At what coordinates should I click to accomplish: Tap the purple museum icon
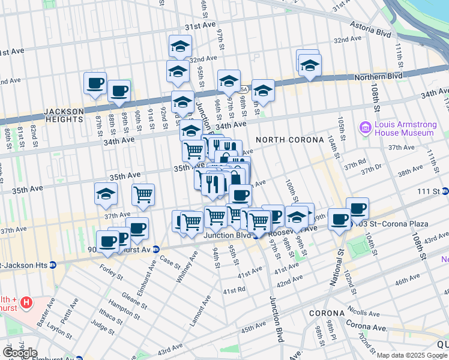click(x=364, y=128)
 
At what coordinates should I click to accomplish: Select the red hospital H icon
click(x=26, y=303)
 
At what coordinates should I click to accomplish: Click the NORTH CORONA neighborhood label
click(x=281, y=140)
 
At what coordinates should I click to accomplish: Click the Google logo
click(x=19, y=352)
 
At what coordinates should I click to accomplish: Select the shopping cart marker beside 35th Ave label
click(x=143, y=193)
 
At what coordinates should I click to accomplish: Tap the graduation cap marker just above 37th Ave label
click(x=105, y=194)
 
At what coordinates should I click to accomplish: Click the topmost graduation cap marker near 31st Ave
click(x=179, y=46)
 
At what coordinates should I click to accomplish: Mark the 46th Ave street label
click(x=408, y=280)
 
